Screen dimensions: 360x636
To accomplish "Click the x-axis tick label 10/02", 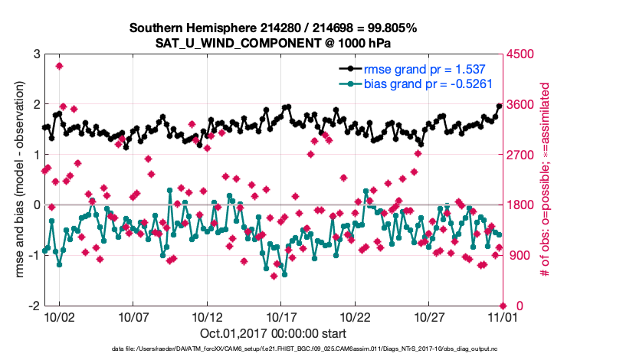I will (59, 316).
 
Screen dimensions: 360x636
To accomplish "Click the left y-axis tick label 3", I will (36, 54).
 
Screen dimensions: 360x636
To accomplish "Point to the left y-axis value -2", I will (34, 306).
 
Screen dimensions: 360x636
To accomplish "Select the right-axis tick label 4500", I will (522, 54).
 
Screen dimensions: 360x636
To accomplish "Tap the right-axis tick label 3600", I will (522, 104).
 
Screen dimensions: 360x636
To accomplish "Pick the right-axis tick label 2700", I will (522, 155).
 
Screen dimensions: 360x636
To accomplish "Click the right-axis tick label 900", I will (519, 255).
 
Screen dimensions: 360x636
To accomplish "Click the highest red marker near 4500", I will (60, 66).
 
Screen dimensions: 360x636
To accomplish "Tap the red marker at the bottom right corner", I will (503, 305).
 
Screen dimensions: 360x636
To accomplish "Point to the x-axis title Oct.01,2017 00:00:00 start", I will (273, 333).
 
